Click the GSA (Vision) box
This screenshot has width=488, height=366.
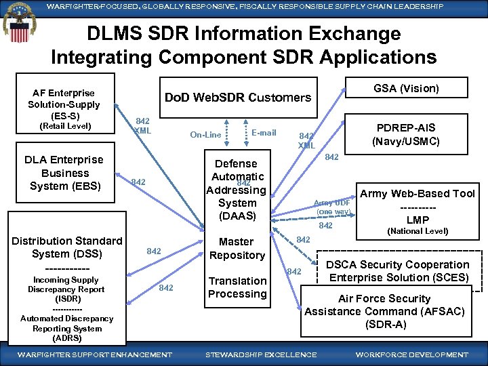406,88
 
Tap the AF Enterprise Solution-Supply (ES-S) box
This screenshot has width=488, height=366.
64,109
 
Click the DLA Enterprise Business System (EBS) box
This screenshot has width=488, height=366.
64,173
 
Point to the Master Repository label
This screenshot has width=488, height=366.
237,249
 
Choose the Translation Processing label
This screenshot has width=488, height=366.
237,287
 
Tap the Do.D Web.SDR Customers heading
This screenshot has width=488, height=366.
238,98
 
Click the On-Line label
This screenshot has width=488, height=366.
205,134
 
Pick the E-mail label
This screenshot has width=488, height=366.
264,133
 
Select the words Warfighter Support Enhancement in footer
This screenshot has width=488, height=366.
94,355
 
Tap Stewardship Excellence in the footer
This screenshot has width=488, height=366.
260,355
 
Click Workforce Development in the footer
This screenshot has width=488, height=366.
411,355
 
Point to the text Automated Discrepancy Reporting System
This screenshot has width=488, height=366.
66,328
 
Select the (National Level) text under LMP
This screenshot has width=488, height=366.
418,231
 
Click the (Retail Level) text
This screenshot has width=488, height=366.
64,126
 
